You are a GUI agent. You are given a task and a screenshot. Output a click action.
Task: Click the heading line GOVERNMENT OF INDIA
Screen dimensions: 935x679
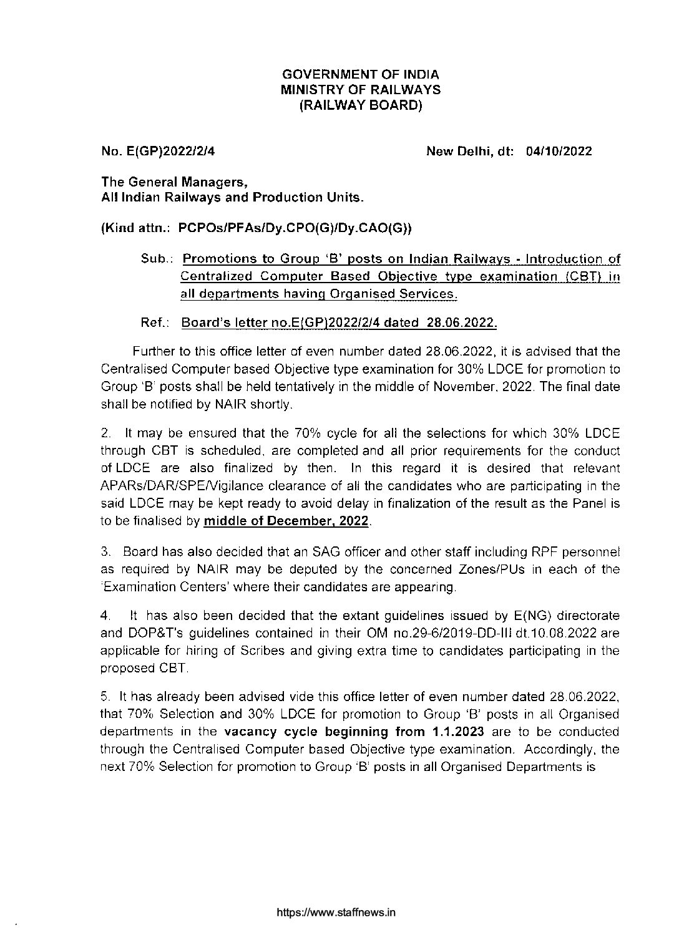pyautogui.click(x=361, y=74)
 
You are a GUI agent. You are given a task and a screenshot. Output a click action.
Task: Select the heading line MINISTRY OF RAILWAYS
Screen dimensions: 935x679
pyautogui.click(x=361, y=90)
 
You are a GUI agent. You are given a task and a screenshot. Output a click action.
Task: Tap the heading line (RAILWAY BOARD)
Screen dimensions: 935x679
pyautogui.click(x=361, y=105)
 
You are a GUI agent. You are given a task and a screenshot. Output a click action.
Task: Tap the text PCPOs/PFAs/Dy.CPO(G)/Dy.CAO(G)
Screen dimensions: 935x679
pyautogui.click(x=293, y=228)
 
